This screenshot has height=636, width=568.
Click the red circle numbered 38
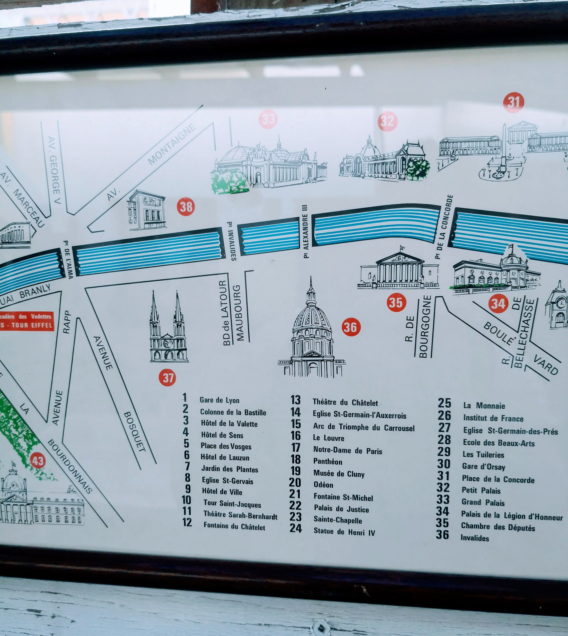[x=186, y=207]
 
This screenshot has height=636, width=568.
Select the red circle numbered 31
[x=513, y=102]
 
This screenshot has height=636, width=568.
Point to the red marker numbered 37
[x=168, y=378]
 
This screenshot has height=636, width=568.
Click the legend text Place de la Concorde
[x=498, y=479]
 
